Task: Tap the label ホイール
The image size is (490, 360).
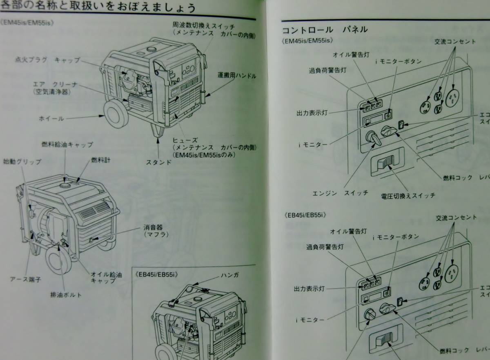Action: (51, 118)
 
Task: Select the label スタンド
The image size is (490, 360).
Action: (158, 162)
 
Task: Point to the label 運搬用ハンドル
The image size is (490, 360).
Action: (237, 76)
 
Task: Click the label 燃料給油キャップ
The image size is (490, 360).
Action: (67, 144)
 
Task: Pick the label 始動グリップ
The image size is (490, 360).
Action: (22, 162)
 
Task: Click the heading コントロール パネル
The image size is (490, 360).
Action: (325, 29)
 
